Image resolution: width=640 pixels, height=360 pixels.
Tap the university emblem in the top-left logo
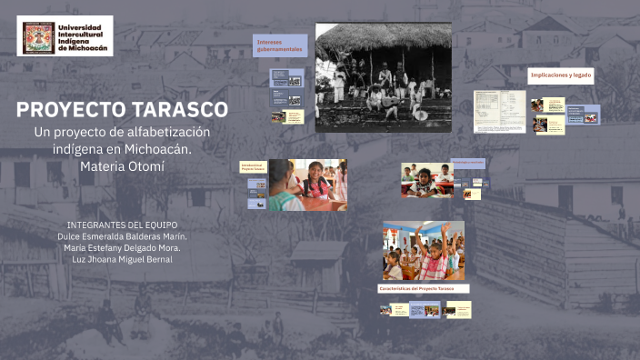(36, 35)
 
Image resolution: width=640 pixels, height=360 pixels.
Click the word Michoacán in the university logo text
(88, 48)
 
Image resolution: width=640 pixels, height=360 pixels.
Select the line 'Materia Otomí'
(122, 165)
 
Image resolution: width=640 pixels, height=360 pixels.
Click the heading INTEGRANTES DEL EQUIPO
(122, 224)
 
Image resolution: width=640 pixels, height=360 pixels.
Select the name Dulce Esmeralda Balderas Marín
(122, 235)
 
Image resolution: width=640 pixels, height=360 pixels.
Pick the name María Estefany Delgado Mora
(122, 247)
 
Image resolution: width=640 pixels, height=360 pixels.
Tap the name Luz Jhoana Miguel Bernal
(122, 259)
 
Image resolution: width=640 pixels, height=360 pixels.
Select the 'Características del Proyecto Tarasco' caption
(424, 288)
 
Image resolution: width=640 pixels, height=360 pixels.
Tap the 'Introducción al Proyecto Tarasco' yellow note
(252, 167)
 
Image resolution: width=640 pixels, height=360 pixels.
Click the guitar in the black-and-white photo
(393, 107)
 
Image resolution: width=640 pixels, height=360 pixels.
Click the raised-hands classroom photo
(423, 250)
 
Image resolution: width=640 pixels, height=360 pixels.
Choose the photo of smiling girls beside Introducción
(306, 185)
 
